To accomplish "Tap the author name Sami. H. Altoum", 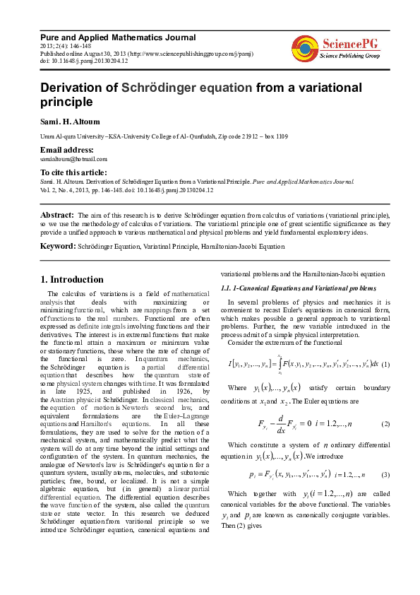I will pos(72,122).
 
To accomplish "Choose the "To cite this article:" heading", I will pos(73,172).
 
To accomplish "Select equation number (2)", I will pos(385,423).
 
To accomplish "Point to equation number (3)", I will pos(385,473).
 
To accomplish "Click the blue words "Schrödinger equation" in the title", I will pos(186,88).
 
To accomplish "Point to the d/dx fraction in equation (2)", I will pos(282,423).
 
